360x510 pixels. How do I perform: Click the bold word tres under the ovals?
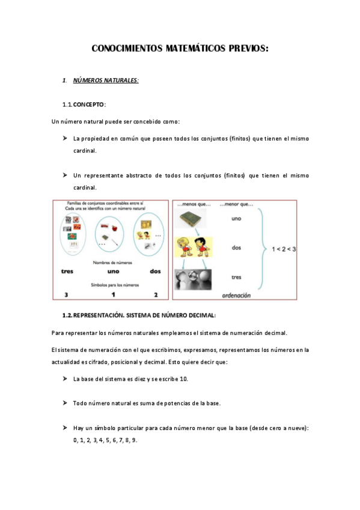[68, 271]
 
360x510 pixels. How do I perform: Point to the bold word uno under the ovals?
[113, 271]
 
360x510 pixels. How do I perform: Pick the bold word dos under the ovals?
[156, 271]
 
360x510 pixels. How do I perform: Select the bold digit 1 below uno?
[113, 295]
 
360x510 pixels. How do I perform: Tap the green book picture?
[191, 220]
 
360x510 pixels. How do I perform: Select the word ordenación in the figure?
[236, 296]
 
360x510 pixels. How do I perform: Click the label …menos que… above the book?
[191, 204]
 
